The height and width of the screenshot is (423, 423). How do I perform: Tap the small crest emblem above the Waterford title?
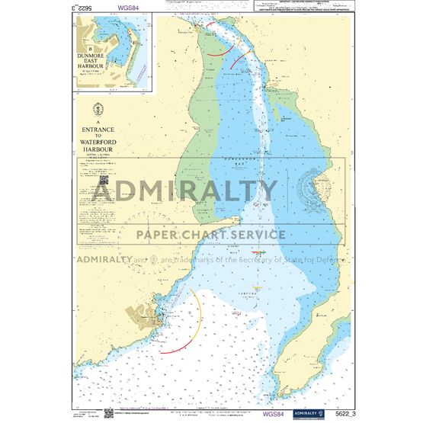[95, 109]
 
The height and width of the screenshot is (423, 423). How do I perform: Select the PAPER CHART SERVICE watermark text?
[211, 235]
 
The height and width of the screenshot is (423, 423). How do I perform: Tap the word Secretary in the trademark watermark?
[253, 259]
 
